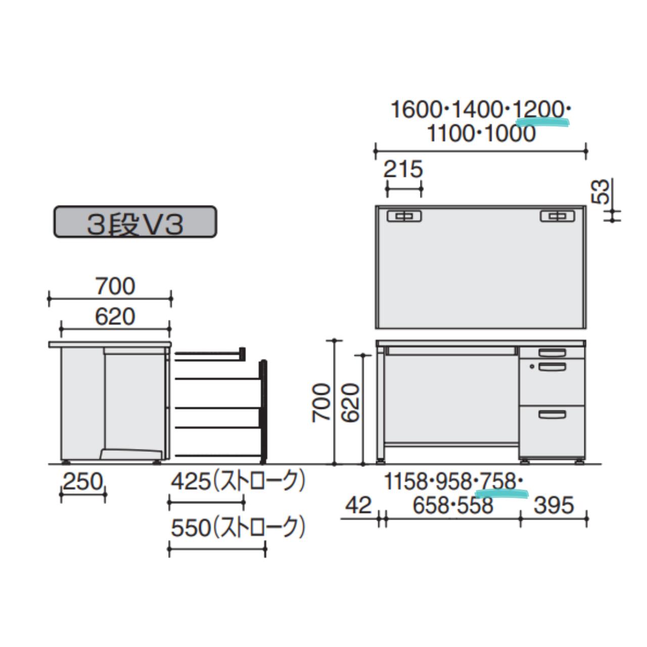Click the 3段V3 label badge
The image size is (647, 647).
click(x=135, y=222)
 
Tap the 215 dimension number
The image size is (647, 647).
click(x=403, y=169)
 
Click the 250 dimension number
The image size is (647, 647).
click(x=82, y=483)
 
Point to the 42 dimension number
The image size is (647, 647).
click(x=358, y=505)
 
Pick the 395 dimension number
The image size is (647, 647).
click(x=553, y=505)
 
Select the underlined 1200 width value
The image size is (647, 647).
click(x=539, y=110)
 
